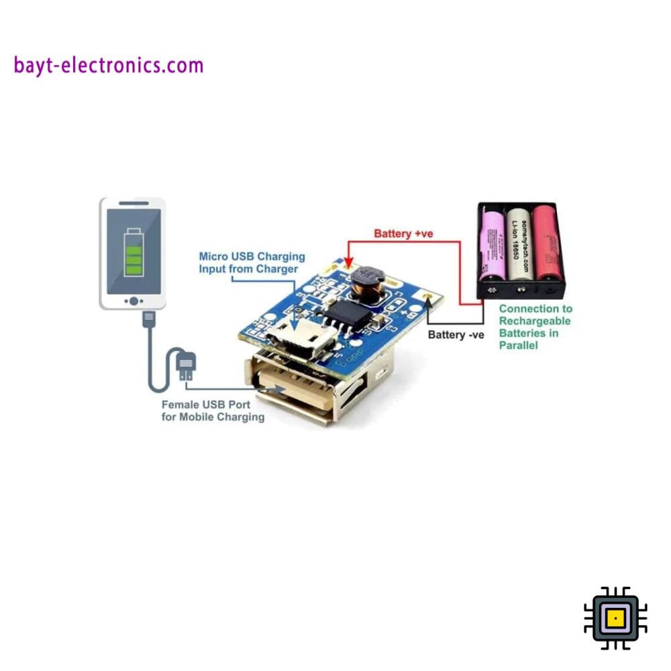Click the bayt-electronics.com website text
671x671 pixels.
(108, 66)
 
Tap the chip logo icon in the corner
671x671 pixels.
(615, 618)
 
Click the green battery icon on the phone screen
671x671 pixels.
(134, 253)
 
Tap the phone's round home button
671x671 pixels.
(134, 301)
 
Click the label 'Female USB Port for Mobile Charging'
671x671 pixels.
(213, 411)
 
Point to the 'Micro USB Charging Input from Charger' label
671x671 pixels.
(252, 262)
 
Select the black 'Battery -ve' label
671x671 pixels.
(456, 334)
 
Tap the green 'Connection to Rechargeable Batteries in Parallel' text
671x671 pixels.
(535, 327)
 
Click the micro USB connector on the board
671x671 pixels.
(305, 335)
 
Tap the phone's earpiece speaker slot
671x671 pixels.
(134, 203)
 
